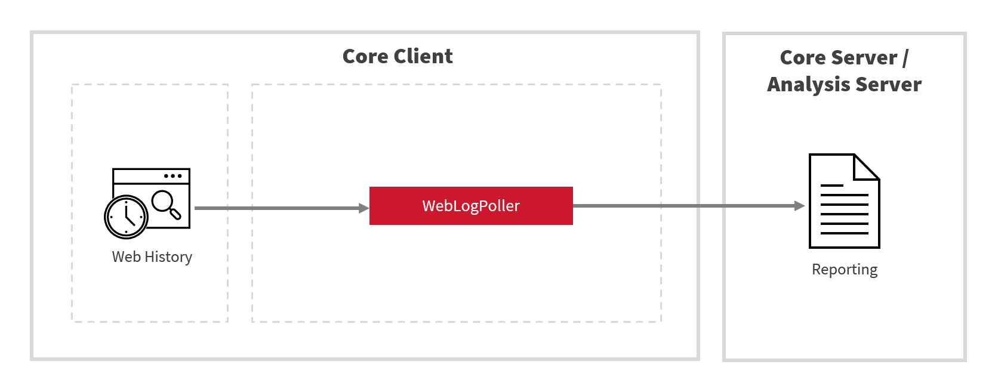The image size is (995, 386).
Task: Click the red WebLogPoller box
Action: (x=471, y=206)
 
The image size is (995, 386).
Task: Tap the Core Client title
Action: (x=398, y=56)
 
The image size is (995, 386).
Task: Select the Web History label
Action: (x=152, y=257)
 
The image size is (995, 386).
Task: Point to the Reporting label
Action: (x=845, y=270)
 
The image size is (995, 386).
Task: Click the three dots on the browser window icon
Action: (x=172, y=176)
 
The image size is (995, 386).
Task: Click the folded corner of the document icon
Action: (x=865, y=167)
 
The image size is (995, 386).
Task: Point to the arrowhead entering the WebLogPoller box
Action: (x=364, y=208)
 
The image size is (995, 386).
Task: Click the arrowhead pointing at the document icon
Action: (x=799, y=206)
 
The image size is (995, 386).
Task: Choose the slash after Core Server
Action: (x=905, y=58)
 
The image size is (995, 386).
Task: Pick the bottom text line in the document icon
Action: (x=844, y=233)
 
